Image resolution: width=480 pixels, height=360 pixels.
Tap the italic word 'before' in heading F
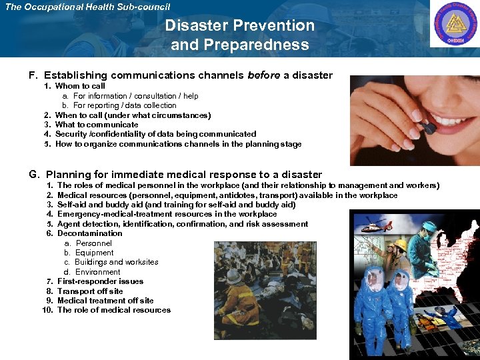pos(264,75)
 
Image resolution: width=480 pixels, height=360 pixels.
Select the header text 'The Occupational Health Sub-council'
pos(87,7)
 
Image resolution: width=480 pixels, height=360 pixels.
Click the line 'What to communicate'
pos(97,125)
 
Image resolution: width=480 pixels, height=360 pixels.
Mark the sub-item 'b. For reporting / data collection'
pos(120,105)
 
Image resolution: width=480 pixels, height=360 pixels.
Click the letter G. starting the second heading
pos(34,175)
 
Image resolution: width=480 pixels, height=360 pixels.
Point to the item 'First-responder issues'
pos(100,281)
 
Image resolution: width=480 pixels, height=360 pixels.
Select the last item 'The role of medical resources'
pos(113,310)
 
